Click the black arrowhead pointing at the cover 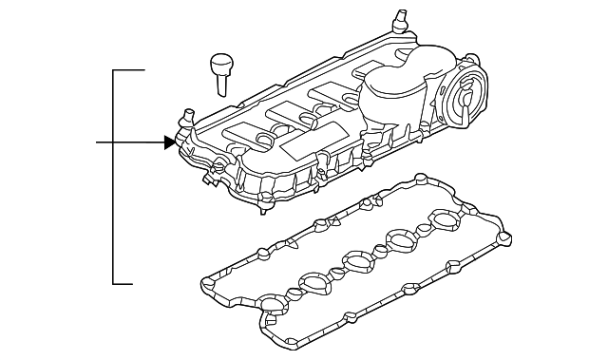170,142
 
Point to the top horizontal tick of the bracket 129,70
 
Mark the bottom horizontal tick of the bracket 129,283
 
